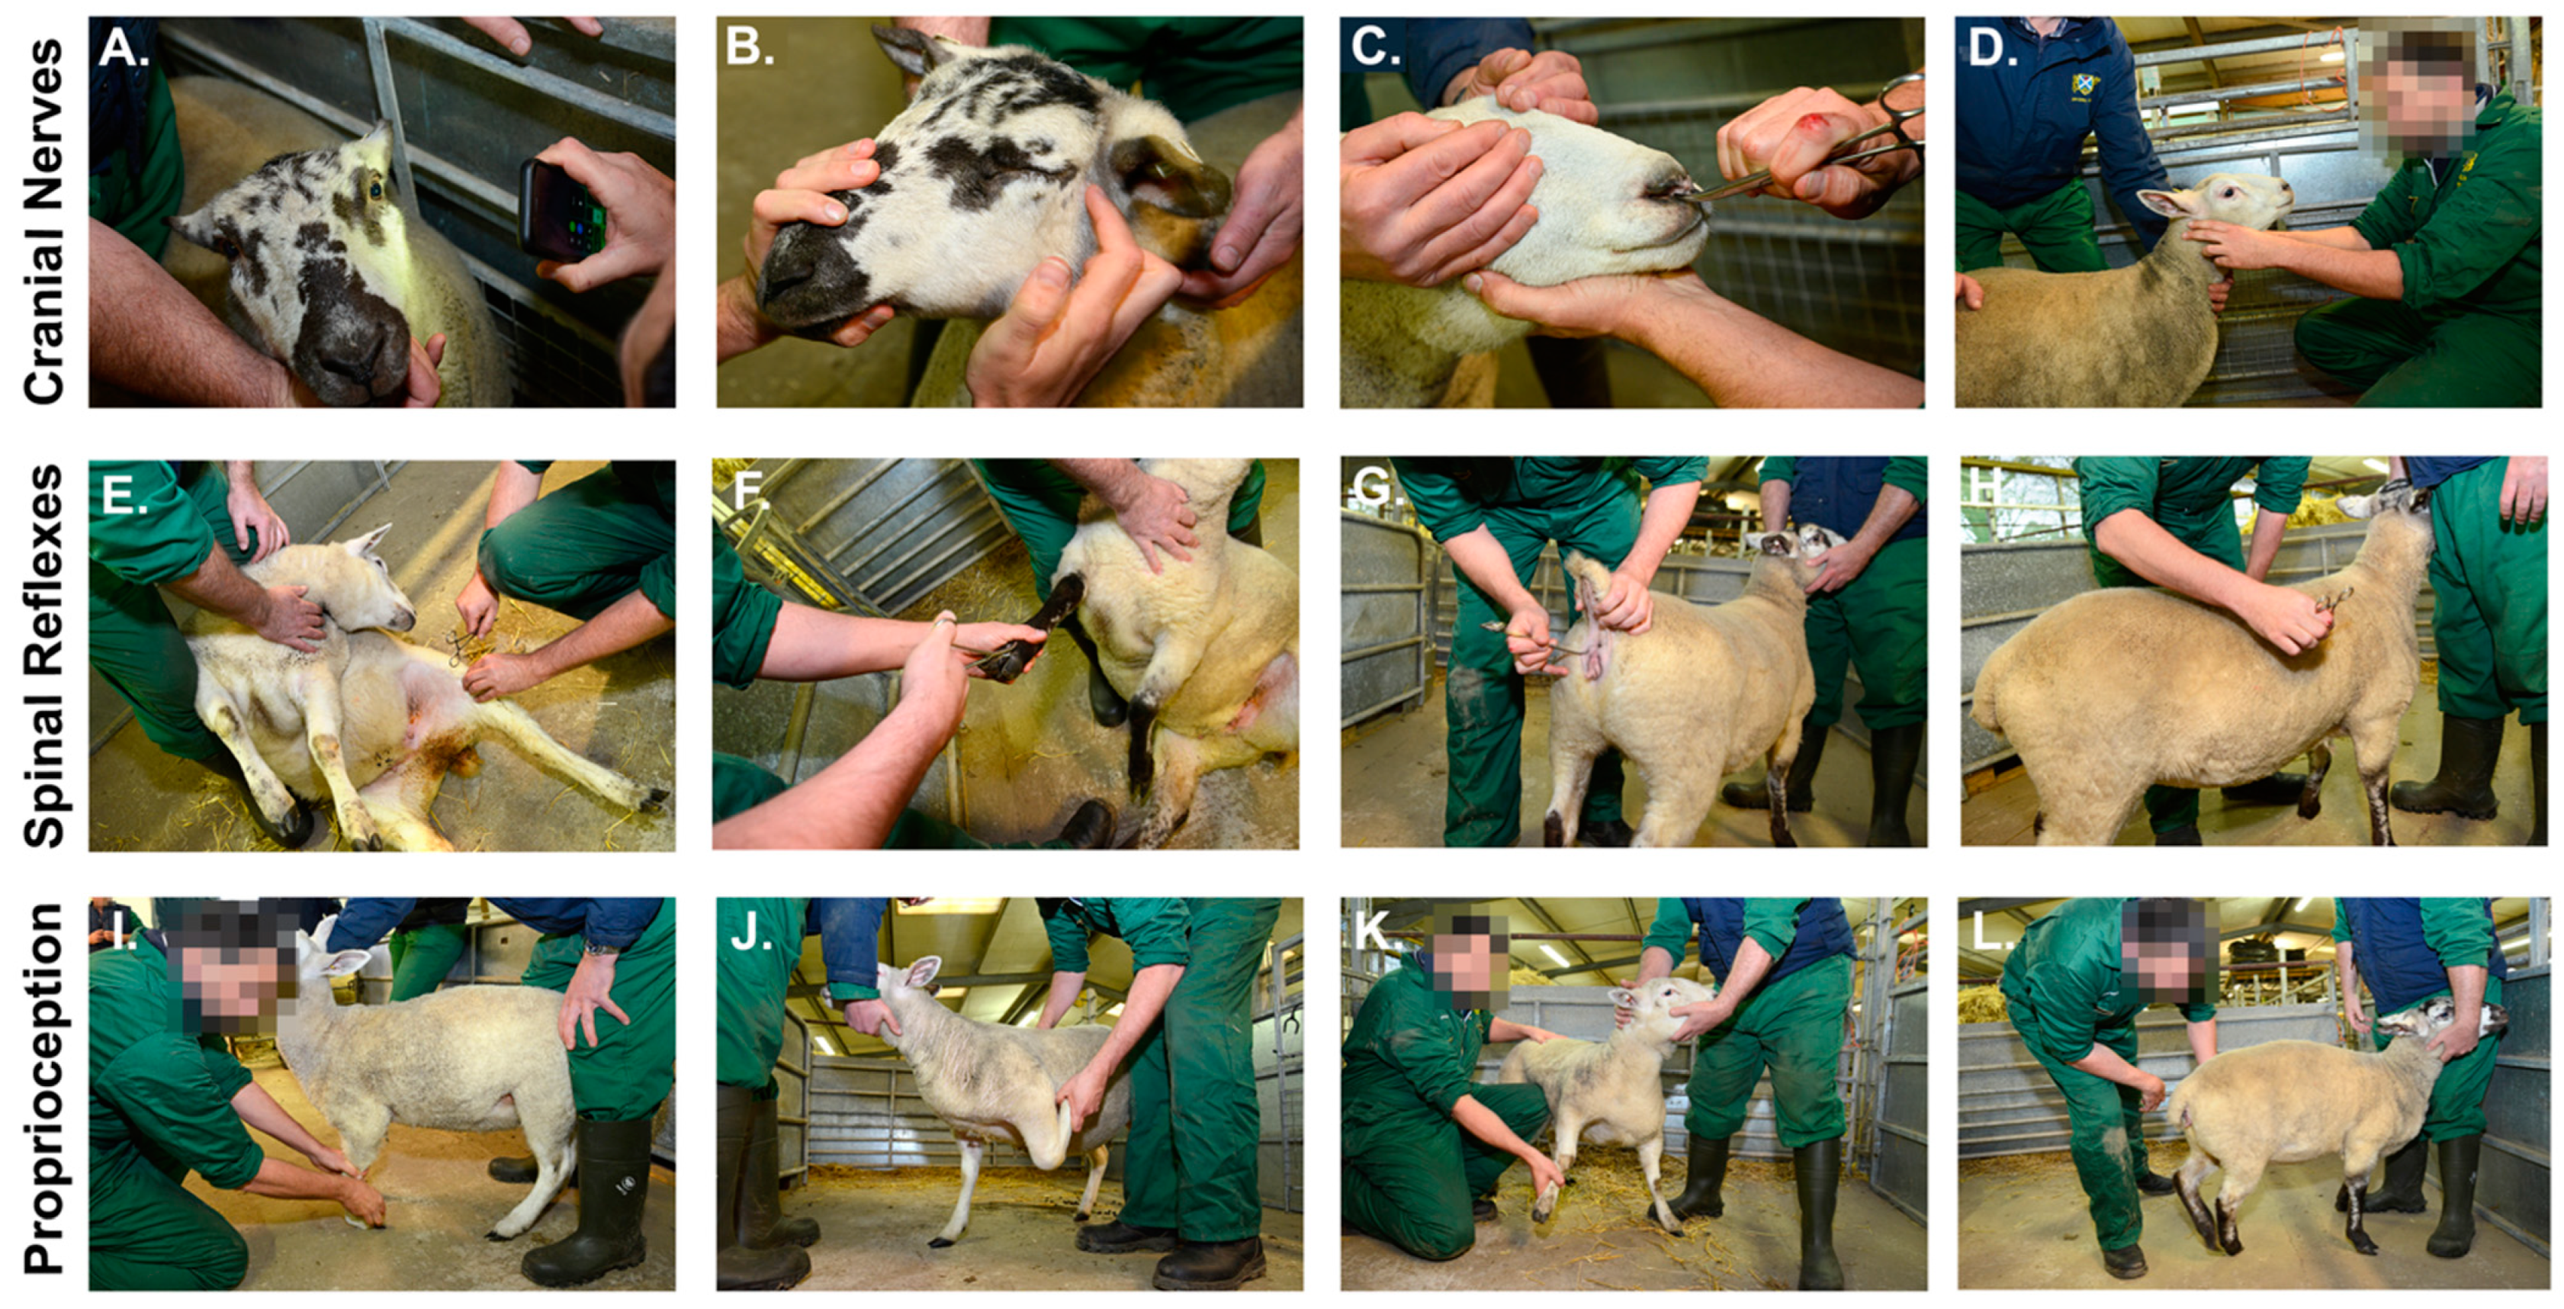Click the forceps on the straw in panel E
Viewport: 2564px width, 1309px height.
tap(464, 646)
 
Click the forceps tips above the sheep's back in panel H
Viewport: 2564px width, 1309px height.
tap(2335, 600)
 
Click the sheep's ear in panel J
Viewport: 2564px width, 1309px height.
tap(924, 970)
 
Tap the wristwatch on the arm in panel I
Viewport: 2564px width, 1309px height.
tap(599, 947)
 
